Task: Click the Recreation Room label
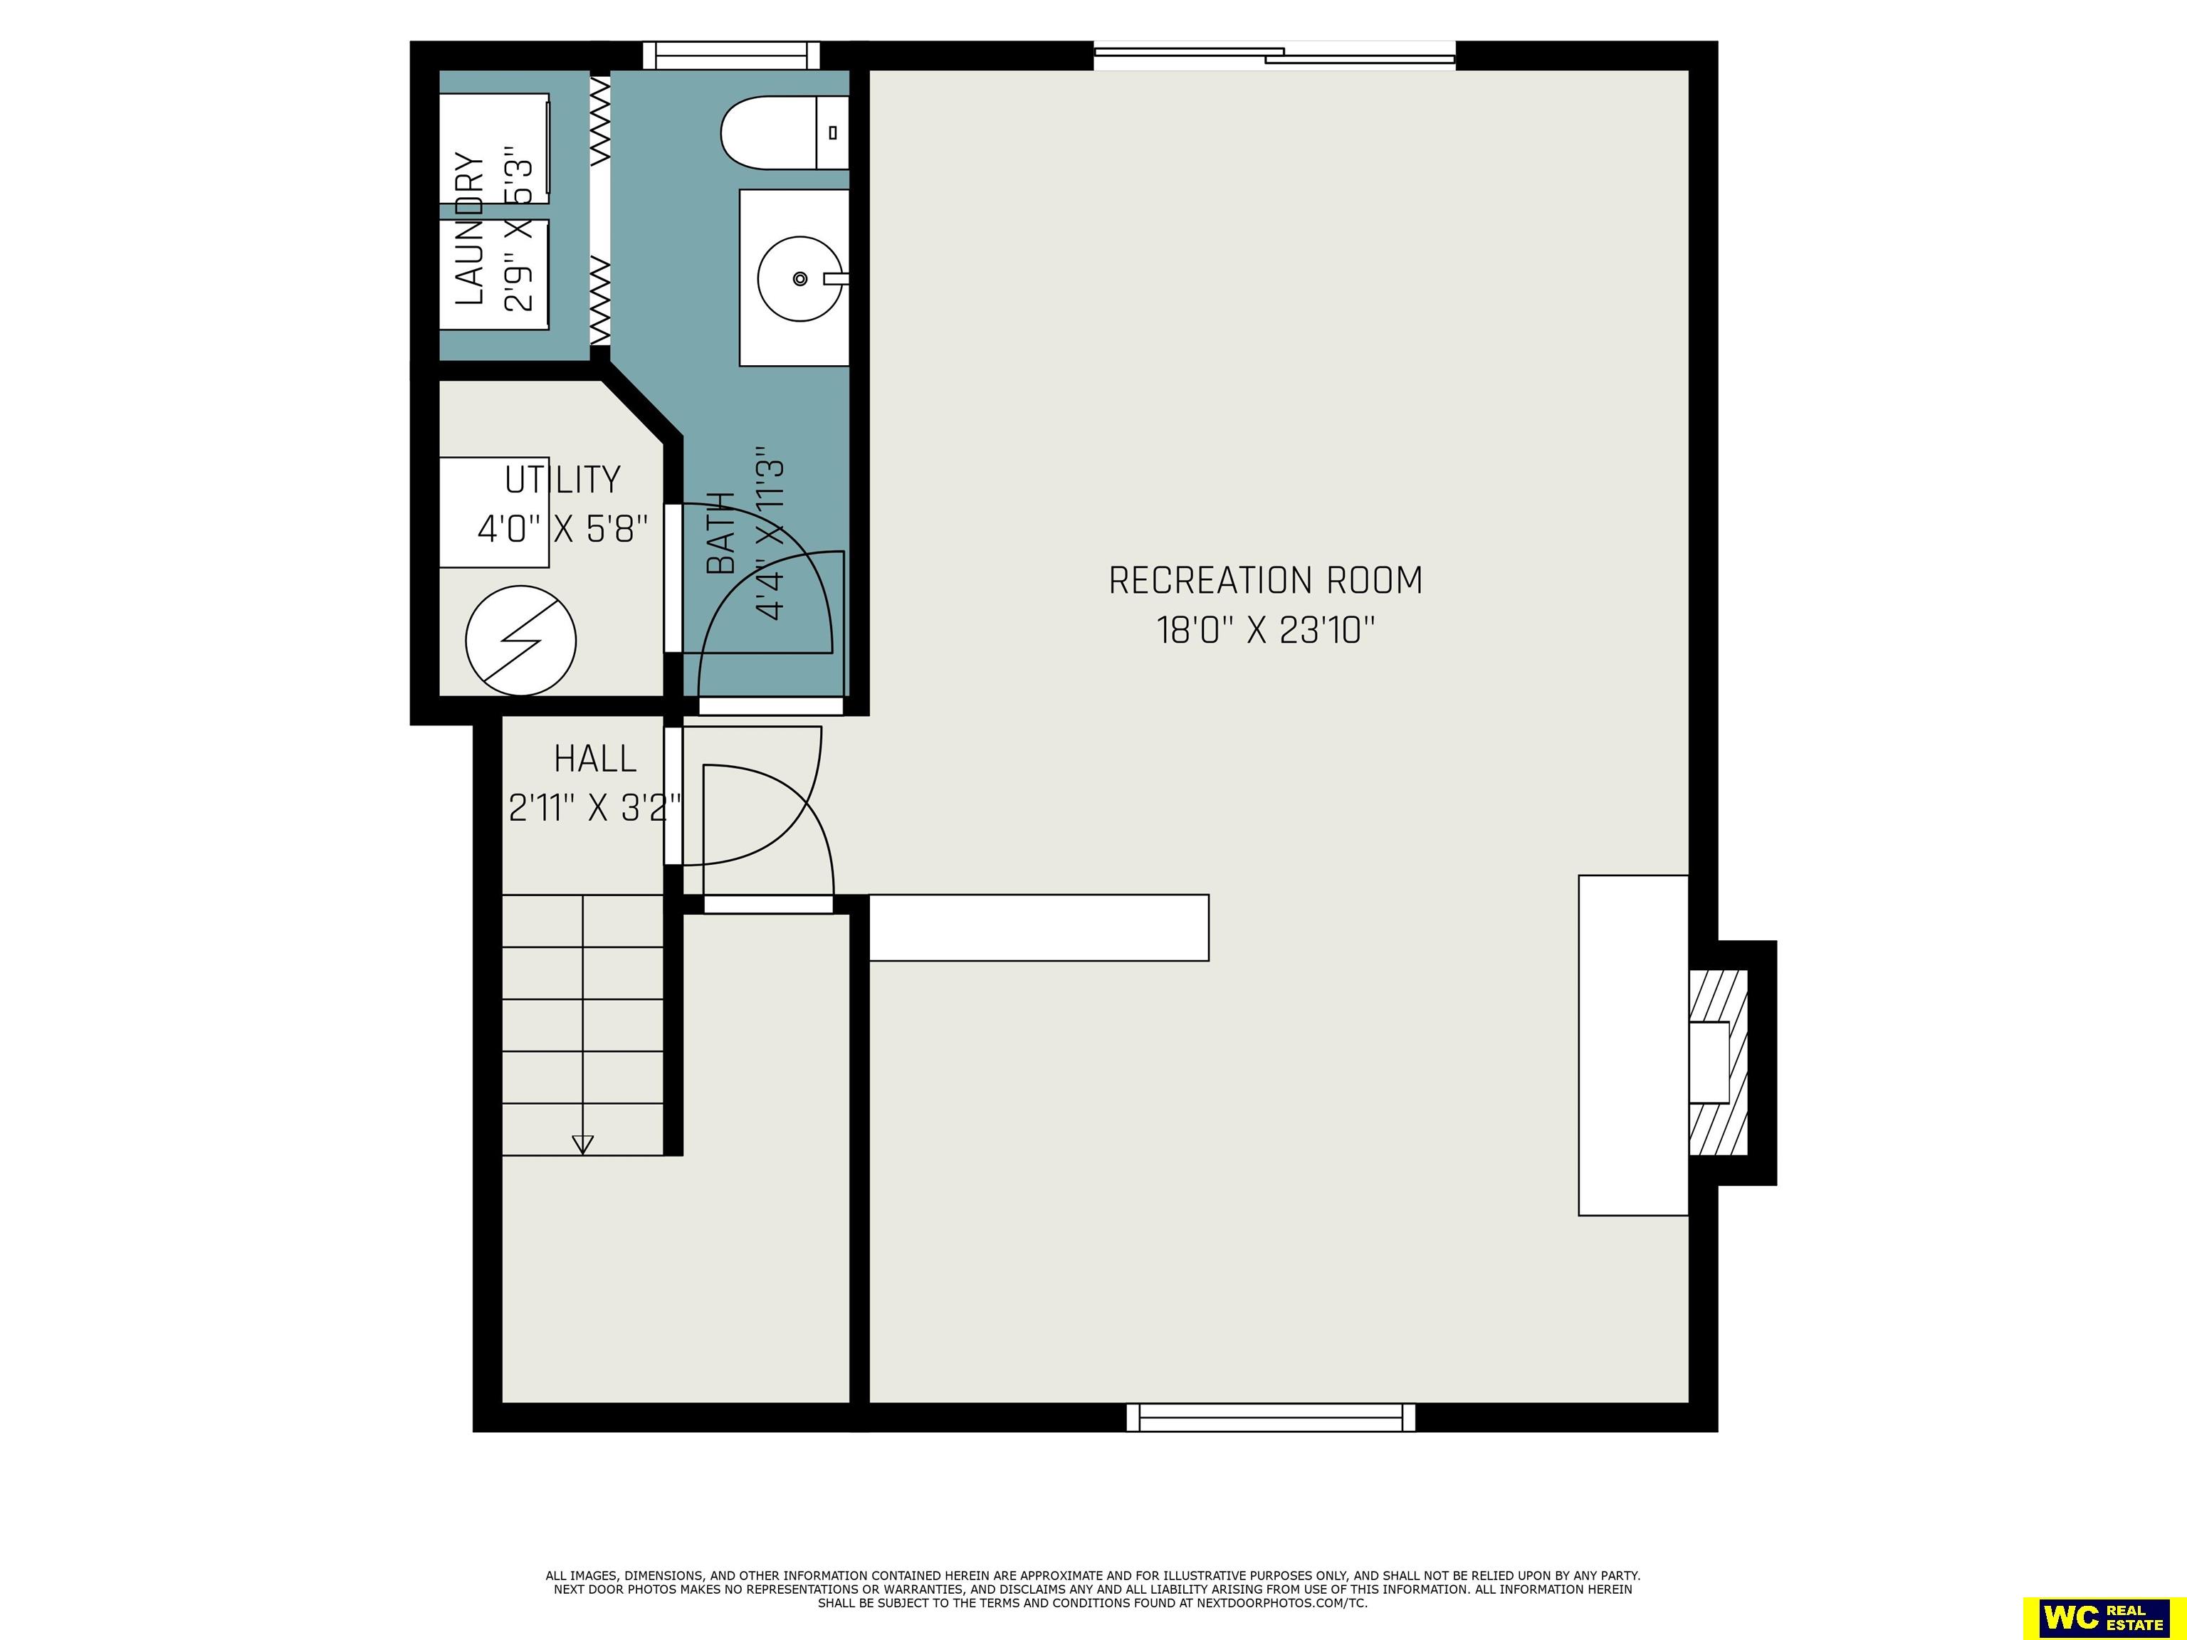click(1266, 580)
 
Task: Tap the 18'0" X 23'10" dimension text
click(1266, 630)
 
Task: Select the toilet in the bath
click(785, 132)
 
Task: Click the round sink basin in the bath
click(800, 279)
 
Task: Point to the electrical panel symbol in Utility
click(521, 640)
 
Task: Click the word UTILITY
click(562, 480)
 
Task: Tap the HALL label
click(595, 759)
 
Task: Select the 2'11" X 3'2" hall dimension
click(595, 809)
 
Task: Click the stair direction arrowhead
click(583, 1145)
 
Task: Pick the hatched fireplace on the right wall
click(1719, 1063)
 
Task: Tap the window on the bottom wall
click(1271, 1418)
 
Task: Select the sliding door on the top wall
click(1274, 56)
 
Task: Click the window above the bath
click(732, 56)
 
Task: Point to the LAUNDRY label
click(471, 228)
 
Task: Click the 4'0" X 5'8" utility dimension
click(562, 529)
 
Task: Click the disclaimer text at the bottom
click(1093, 1589)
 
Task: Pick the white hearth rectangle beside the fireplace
click(1633, 1045)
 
